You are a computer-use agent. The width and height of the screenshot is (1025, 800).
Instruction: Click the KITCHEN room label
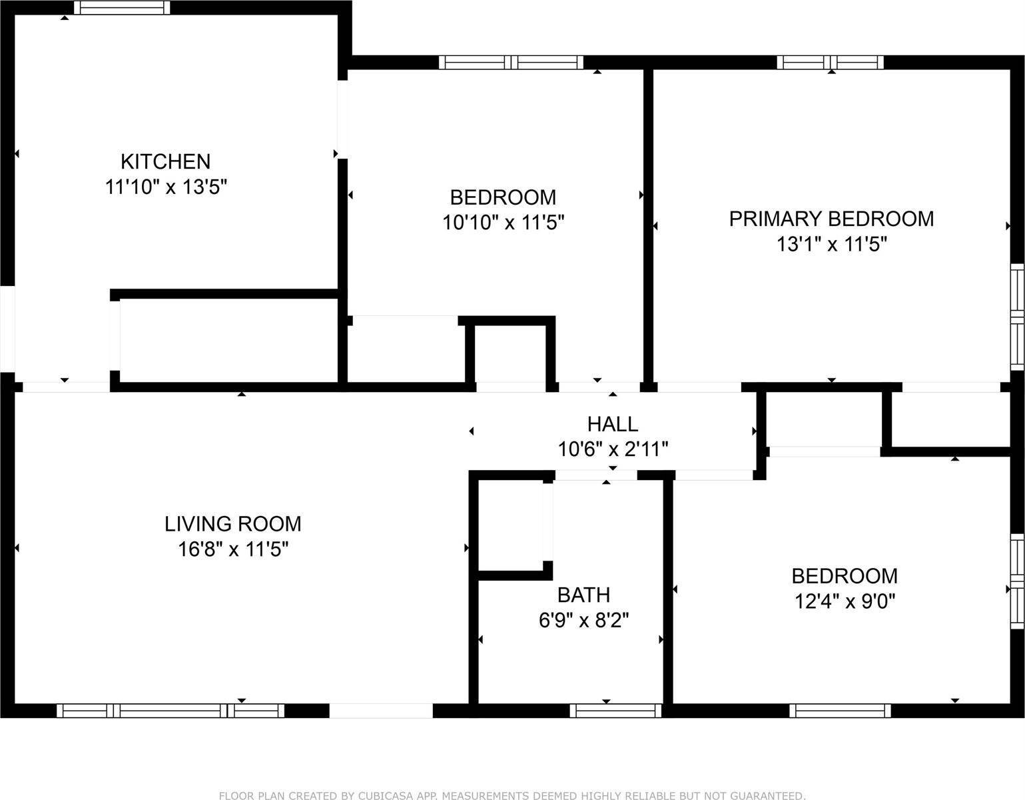(165, 161)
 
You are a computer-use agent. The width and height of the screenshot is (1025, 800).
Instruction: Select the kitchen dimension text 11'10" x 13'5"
(166, 187)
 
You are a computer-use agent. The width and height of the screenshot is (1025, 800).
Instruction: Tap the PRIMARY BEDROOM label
(831, 219)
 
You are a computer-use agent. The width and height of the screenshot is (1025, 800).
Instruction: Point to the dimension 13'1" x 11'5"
(831, 245)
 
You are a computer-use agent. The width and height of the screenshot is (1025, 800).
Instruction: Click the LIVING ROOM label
(232, 524)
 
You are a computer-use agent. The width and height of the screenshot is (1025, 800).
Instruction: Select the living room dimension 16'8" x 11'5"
(232, 550)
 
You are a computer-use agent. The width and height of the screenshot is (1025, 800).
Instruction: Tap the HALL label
(612, 424)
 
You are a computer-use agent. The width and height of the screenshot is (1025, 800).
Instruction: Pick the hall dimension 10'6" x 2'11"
(612, 449)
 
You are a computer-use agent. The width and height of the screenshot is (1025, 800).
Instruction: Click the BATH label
(583, 595)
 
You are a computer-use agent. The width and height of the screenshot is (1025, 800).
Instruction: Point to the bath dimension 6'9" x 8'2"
(583, 621)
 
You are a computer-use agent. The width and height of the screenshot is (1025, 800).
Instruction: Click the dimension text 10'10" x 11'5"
(504, 223)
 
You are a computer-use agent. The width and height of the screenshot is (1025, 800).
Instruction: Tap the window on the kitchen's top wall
(121, 8)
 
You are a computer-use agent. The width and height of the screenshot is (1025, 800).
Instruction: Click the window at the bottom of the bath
(615, 711)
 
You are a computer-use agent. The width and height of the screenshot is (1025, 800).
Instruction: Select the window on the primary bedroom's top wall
(830, 63)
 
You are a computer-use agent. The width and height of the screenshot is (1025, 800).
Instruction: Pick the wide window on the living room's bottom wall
(171, 711)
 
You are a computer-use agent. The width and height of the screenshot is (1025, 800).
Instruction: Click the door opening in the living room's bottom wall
(381, 711)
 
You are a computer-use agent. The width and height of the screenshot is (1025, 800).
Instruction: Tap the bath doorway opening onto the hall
(595, 475)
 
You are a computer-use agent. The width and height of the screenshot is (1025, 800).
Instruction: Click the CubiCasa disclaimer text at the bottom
(512, 795)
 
